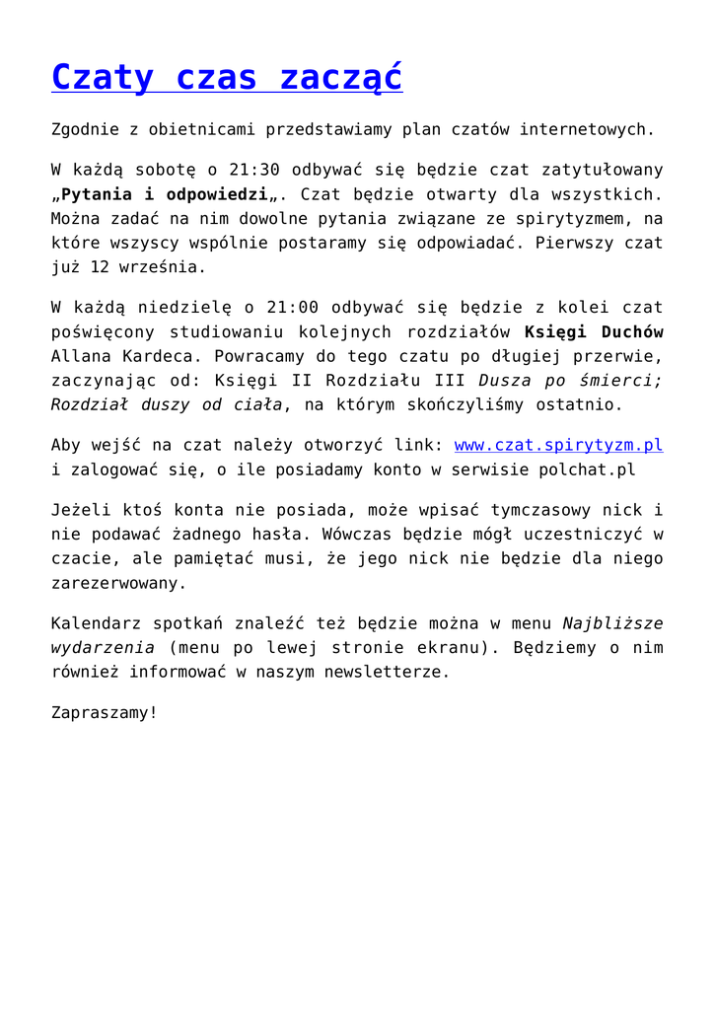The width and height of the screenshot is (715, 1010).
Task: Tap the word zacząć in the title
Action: pyautogui.click(x=341, y=77)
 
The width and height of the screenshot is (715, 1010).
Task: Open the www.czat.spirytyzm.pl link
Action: pyautogui.click(x=558, y=445)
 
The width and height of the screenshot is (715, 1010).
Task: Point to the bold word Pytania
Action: pyautogui.click(x=104, y=194)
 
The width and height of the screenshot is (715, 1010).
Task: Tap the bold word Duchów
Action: pyautogui.click(x=631, y=332)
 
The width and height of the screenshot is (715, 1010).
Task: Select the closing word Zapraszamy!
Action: pyautogui.click(x=104, y=711)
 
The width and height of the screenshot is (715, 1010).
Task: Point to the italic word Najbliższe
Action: pyautogui.click(x=612, y=623)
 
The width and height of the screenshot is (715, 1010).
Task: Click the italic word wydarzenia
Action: pyautogui.click(x=103, y=647)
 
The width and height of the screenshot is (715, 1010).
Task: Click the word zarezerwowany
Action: pyautogui.click(x=118, y=582)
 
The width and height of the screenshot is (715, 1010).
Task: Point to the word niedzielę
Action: pyautogui.click(x=159, y=308)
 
